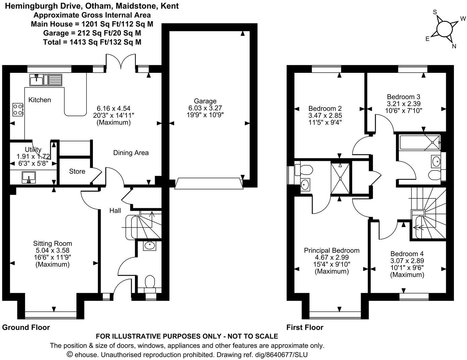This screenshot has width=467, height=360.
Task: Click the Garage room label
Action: tap(205, 101)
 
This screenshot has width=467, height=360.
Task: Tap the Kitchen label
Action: tap(40, 100)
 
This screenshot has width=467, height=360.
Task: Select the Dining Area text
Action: tap(131, 153)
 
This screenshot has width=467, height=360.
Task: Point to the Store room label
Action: tap(77, 171)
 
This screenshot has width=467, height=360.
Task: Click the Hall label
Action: tap(115, 211)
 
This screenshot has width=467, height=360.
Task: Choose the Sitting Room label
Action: tap(52, 243)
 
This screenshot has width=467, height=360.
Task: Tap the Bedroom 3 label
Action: tap(403, 97)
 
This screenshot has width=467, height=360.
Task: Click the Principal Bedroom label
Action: tap(331, 250)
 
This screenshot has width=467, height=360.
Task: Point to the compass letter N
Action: tap(454, 47)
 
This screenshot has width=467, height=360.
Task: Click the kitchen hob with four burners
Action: tap(18, 109)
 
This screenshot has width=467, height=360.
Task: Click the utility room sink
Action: tap(29, 177)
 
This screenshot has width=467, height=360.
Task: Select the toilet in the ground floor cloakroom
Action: tap(149, 282)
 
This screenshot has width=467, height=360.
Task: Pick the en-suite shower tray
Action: tap(340, 178)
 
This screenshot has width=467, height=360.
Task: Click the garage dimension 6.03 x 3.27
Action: tap(205, 108)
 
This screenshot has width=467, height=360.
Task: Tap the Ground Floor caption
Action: tap(26, 327)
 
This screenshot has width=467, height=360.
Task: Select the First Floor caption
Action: tap(305, 327)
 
